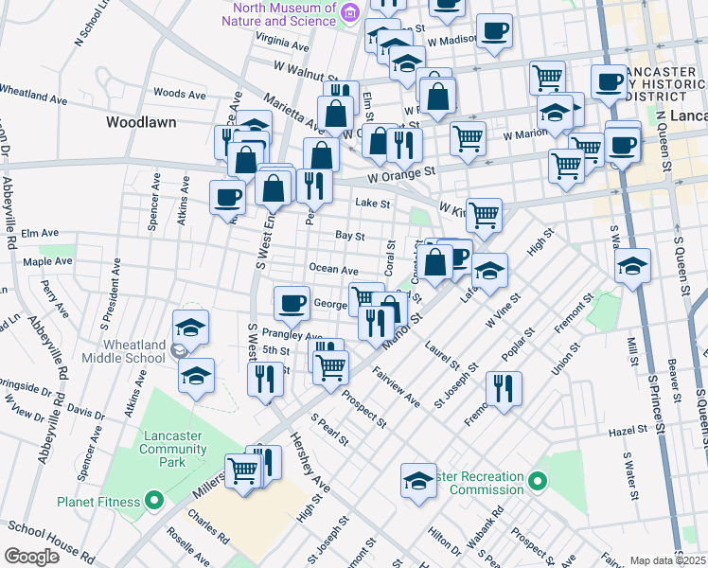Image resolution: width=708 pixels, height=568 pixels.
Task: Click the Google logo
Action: click(x=31, y=557)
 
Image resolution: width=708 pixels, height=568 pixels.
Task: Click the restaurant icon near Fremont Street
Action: click(x=503, y=387)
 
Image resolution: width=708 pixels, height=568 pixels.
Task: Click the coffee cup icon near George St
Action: click(x=292, y=303)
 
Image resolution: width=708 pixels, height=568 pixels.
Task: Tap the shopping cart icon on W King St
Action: click(x=484, y=214)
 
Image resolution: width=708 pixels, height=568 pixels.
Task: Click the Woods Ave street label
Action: click(x=179, y=94)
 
